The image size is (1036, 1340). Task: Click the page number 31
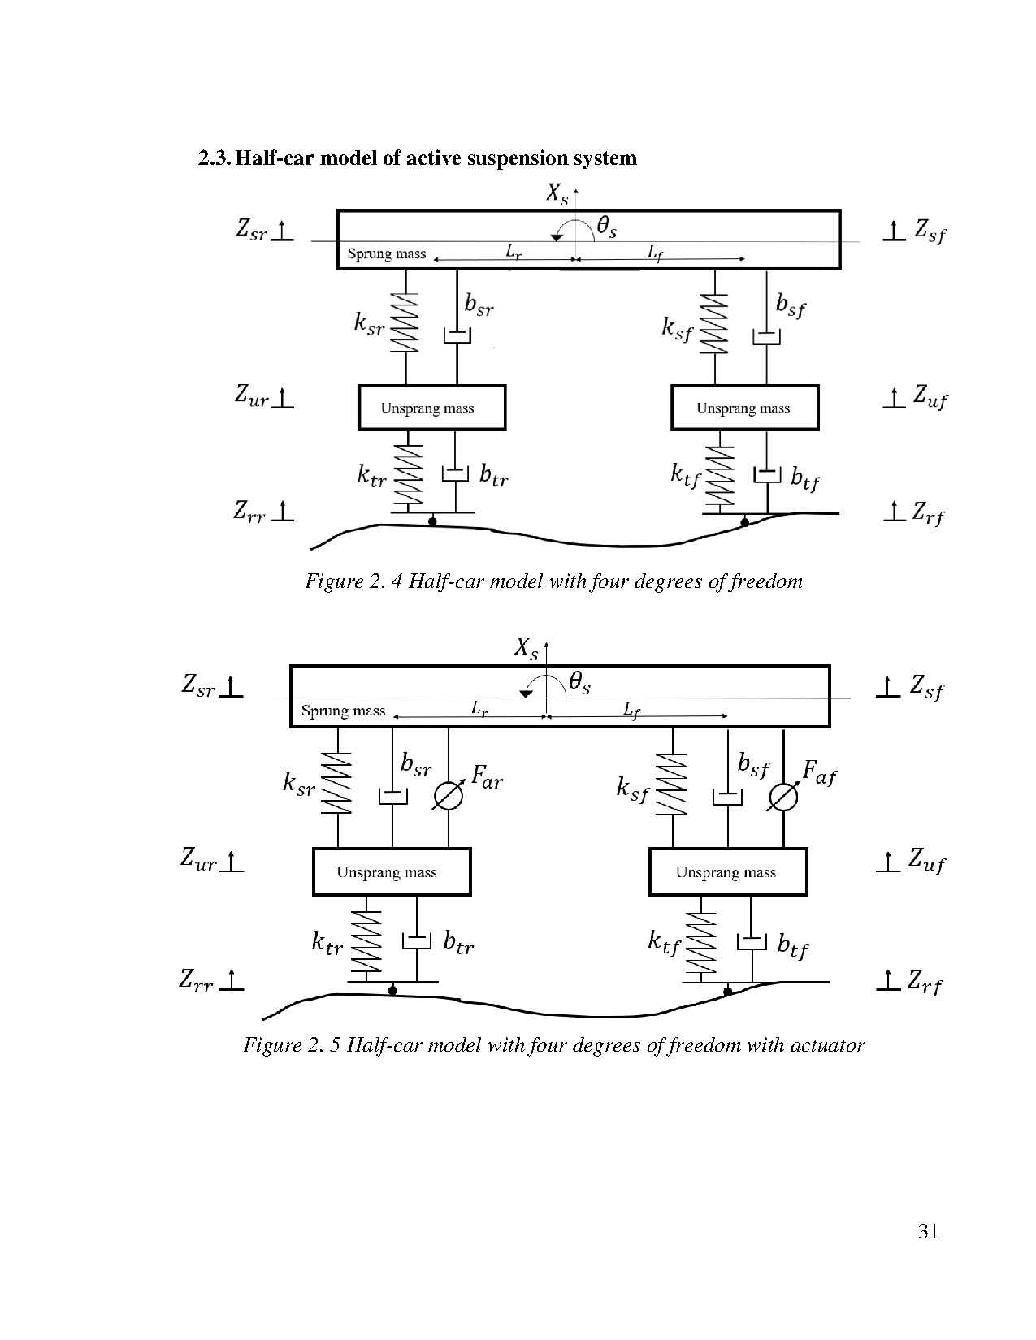(928, 1233)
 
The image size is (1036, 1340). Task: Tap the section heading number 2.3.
(214, 158)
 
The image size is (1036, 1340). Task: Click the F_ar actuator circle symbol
(448, 797)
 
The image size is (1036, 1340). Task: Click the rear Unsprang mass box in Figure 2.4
(431, 408)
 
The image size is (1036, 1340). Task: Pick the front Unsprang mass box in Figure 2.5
(728, 872)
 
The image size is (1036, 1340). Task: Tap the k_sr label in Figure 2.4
(369, 326)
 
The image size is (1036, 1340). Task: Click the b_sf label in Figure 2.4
(791, 306)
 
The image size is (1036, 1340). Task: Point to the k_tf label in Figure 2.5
(664, 943)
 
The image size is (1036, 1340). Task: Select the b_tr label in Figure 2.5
(458, 944)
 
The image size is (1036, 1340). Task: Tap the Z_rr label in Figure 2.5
(196, 982)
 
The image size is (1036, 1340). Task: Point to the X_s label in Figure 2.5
(527, 649)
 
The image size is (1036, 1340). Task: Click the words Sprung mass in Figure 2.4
(387, 253)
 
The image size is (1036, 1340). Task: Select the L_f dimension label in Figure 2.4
(656, 253)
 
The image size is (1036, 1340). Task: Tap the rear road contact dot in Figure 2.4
(432, 522)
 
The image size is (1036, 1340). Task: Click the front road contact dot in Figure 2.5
(728, 992)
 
